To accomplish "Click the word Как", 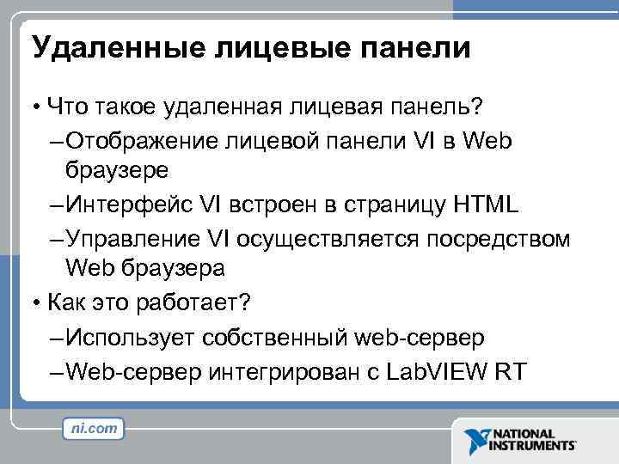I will (x=67, y=302).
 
